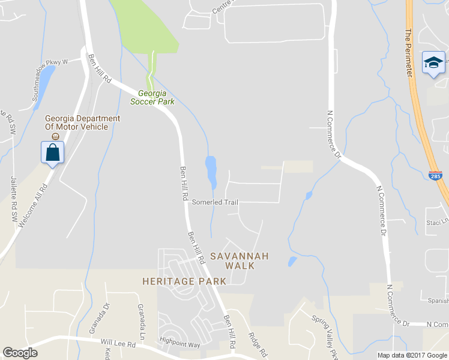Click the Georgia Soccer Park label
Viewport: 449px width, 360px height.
click(x=152, y=97)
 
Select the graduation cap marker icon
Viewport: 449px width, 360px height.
click(x=433, y=63)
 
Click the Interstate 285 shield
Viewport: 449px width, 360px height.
click(x=436, y=176)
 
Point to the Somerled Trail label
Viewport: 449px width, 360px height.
click(x=215, y=202)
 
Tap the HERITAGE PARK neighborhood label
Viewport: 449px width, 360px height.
click(x=184, y=281)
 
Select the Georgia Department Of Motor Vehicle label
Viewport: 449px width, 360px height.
click(x=82, y=122)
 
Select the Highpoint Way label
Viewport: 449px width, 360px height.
click(x=179, y=345)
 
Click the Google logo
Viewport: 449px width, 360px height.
click(x=20, y=353)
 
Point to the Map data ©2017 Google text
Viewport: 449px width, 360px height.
click(x=411, y=355)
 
